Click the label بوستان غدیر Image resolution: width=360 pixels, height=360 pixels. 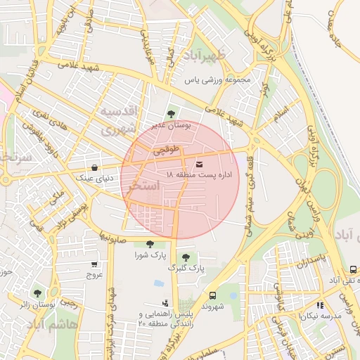tap(172, 124)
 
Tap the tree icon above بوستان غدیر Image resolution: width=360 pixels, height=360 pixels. tap(172, 112)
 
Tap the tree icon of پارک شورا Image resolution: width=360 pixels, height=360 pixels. tap(150, 243)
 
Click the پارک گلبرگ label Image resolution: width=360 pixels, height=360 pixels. tap(186, 268)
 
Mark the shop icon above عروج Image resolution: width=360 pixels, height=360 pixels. tap(94, 264)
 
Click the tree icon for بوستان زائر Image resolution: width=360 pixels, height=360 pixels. tap(37, 292)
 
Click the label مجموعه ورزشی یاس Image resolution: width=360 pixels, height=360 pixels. tap(218, 79)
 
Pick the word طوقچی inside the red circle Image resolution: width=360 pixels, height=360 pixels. tap(167, 150)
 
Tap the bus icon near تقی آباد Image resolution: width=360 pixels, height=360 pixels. tap(353, 269)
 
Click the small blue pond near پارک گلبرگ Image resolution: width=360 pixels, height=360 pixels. tap(159, 283)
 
